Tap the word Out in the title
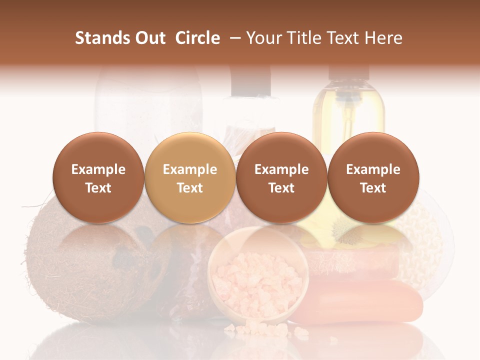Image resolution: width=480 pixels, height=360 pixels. click(150, 38)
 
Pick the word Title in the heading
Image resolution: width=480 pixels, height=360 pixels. click(304, 38)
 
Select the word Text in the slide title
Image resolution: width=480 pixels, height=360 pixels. click(344, 38)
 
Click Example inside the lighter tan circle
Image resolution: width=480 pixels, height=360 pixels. click(190, 169)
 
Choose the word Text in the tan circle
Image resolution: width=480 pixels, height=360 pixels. click(190, 188)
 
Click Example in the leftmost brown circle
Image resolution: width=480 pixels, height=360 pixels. click(98, 169)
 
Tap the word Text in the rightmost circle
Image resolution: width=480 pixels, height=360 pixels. click(373, 188)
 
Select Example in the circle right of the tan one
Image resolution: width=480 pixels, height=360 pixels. click(281, 169)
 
